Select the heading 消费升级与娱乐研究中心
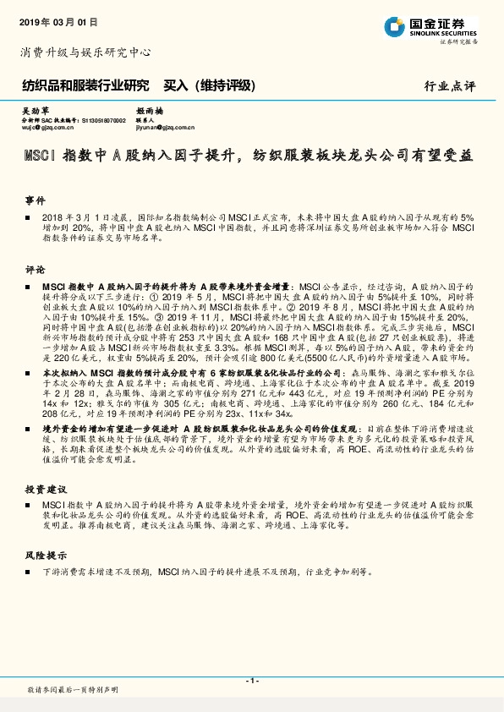pos(85,52)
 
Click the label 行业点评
pos(450,86)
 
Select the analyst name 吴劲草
pos(35,111)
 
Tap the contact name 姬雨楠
pos(148,111)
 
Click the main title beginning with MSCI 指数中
pos(248,155)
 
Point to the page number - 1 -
pos(251,681)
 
